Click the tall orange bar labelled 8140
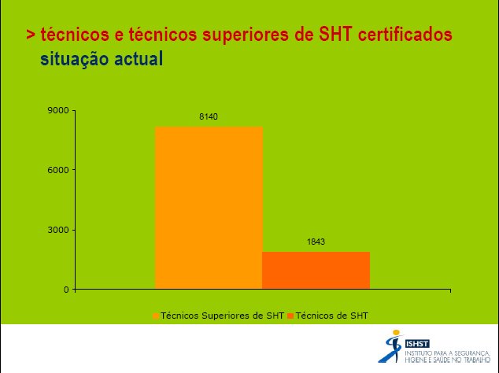tap(209, 208)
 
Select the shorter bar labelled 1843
tap(316, 271)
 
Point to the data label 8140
tap(209, 116)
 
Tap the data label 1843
tap(316, 242)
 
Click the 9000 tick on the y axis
tap(58, 110)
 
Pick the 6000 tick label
tap(58, 170)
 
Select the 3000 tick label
tap(58, 230)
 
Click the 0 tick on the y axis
tap(66, 290)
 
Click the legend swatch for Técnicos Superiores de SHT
tap(156, 316)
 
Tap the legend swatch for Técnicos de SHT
tap(290, 316)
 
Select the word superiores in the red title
tap(246, 35)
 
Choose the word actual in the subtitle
tap(139, 59)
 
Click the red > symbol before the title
tap(31, 35)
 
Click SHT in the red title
tap(335, 35)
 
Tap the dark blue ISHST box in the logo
tap(417, 344)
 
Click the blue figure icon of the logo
tap(391, 346)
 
